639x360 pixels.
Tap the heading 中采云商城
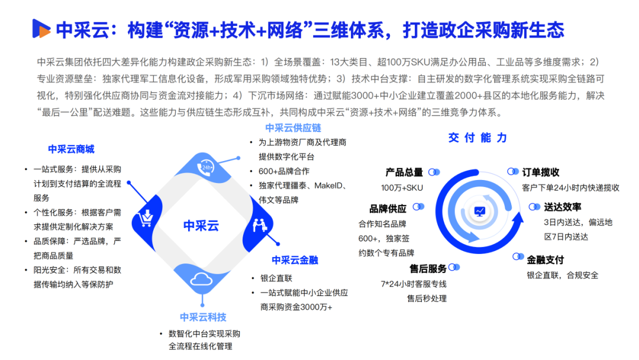pos(71,149)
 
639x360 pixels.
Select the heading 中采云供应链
pos(293,128)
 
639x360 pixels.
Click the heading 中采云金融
pos(295,260)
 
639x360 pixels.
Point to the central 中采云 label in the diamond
pos(201,226)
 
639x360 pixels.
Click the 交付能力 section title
pos(477,138)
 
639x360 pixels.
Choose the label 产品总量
pos(404,172)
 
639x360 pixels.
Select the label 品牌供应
pos(388,208)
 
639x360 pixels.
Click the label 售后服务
pos(428,268)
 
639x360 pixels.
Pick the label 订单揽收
pos(541,172)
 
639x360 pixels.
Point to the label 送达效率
pos(563,207)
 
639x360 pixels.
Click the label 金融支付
pos(546,259)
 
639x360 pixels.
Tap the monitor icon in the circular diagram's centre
pos(479,210)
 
